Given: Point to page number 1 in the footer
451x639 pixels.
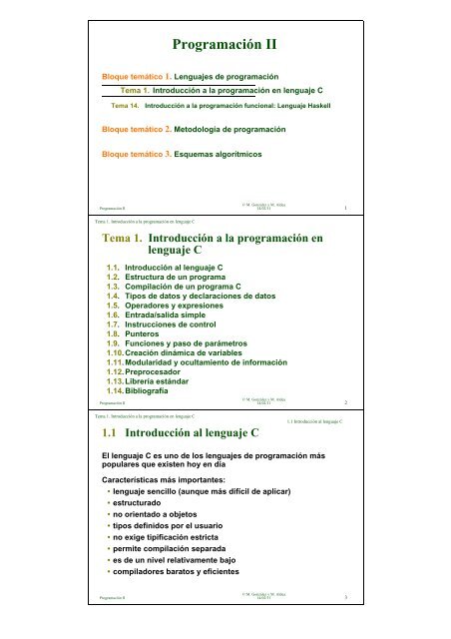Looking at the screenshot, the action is pyautogui.click(x=344, y=208).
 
